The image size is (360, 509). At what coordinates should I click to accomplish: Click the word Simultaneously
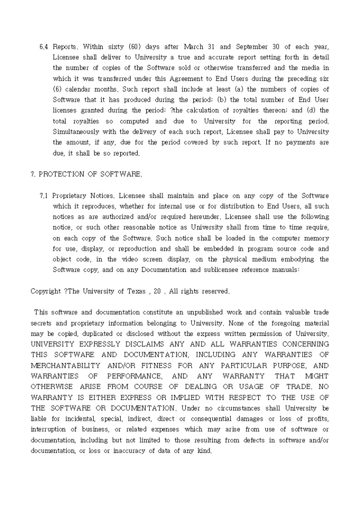[x=79, y=132]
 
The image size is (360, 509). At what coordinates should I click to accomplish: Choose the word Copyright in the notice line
[x=46, y=291]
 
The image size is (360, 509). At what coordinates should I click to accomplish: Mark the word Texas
[x=135, y=291]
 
